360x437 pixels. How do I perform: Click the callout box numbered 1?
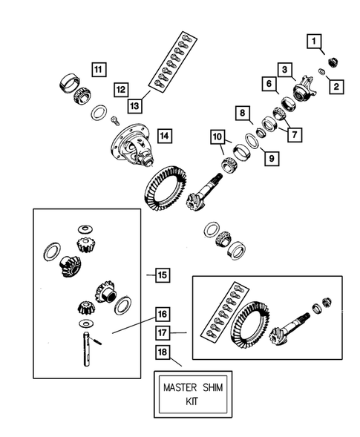(x=316, y=42)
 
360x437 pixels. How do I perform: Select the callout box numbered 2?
(x=336, y=87)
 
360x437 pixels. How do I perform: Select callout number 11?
(x=98, y=69)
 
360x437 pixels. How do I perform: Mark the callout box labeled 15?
(x=161, y=275)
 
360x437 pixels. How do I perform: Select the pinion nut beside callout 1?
(x=332, y=62)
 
